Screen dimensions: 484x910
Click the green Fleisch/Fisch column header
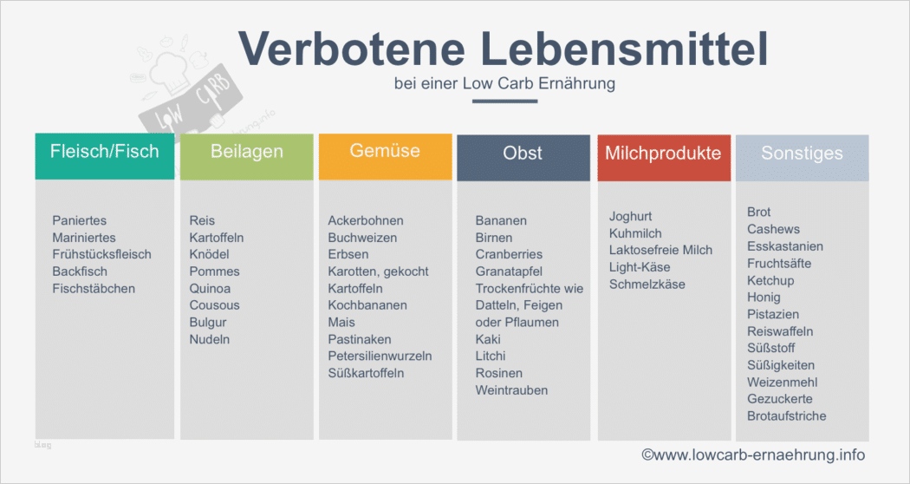[x=105, y=152]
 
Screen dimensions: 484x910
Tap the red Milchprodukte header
[x=663, y=154]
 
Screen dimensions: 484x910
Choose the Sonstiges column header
[x=802, y=154]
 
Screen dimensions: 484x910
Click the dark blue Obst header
[x=523, y=154]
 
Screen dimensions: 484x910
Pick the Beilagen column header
[x=246, y=152]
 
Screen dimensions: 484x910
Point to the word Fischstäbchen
[x=94, y=288]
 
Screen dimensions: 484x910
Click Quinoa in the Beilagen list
[x=210, y=288]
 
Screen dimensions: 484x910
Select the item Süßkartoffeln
[x=366, y=373]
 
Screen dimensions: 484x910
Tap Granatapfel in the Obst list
[x=509, y=271]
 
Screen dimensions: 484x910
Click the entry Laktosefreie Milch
[x=660, y=250]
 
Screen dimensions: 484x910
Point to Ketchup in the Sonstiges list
[x=770, y=280]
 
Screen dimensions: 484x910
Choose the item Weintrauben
[x=511, y=390]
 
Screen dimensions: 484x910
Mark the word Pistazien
[x=773, y=314]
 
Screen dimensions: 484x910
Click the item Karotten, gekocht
[x=378, y=271]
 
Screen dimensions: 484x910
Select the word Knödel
[x=210, y=254]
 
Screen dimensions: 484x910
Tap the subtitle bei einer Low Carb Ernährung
[x=504, y=84]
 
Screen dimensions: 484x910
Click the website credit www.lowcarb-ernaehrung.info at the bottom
[x=752, y=455]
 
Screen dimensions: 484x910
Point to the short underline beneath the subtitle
[x=504, y=101]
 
